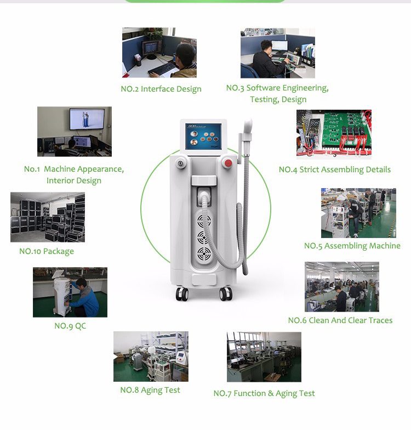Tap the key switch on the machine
pyautogui.click(x=180, y=163)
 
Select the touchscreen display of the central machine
pyautogui.click(x=204, y=136)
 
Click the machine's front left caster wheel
pyautogui.click(x=182, y=294)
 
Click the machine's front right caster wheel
pyautogui.click(x=226, y=294)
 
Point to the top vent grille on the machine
pyautogui.click(x=204, y=220)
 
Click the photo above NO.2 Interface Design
pyautogui.click(x=159, y=53)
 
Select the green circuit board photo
pyautogui.click(x=334, y=134)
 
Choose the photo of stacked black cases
pyautogui.click(x=48, y=217)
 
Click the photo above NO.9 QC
pyautogui.click(x=70, y=292)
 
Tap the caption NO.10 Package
pyautogui.click(x=47, y=251)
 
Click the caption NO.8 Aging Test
pyautogui.click(x=150, y=390)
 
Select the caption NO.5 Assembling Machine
pyautogui.click(x=352, y=246)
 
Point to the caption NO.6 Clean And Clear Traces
pyautogui.click(x=340, y=320)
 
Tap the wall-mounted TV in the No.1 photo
pyautogui.click(x=87, y=120)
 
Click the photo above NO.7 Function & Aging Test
pyautogui.click(x=264, y=357)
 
